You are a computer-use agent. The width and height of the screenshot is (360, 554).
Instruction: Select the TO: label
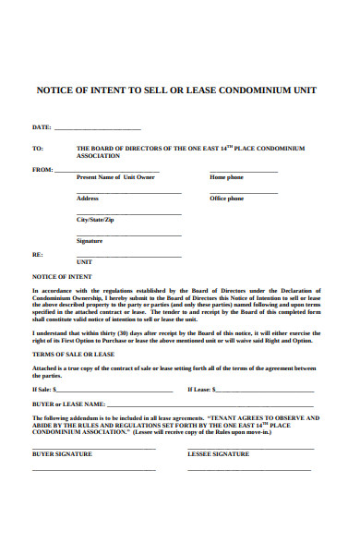tap(38, 148)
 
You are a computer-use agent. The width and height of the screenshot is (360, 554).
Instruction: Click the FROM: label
tap(42, 170)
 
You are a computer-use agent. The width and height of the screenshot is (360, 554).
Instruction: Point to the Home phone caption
tap(226, 176)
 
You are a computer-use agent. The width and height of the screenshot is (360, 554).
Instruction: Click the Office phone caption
tap(226, 199)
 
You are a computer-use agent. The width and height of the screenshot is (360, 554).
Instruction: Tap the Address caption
tap(88, 199)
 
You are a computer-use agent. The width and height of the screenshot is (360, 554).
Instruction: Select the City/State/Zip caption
tap(95, 220)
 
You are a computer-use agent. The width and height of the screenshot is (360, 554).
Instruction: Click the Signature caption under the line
tap(90, 241)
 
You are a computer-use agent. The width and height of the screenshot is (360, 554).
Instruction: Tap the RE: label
tap(38, 254)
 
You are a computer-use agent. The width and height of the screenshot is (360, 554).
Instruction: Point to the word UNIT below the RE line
tap(85, 262)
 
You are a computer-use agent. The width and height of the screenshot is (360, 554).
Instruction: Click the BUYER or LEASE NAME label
tap(68, 404)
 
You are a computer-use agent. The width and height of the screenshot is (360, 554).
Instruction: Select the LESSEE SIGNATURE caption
tap(219, 454)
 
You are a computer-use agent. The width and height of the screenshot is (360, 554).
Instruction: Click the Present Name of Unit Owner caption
tap(115, 176)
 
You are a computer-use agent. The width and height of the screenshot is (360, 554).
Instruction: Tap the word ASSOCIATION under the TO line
tap(100, 156)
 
